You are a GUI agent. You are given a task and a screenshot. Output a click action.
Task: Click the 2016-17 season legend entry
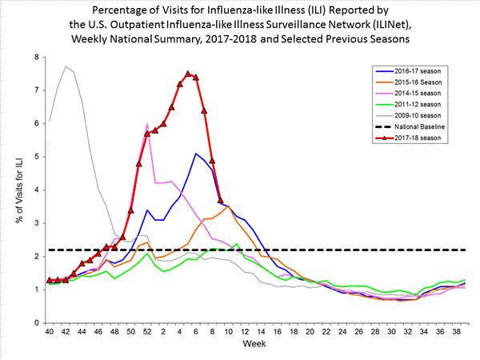click(x=421, y=71)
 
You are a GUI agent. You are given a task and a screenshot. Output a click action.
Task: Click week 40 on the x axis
click(x=50, y=332)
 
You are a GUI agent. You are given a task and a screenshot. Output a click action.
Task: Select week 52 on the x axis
click(x=147, y=332)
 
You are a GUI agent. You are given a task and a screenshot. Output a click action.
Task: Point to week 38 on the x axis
click(x=455, y=332)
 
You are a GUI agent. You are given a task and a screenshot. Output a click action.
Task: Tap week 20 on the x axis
click(x=310, y=332)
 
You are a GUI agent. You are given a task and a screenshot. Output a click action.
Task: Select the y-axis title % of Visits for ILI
click(x=14, y=190)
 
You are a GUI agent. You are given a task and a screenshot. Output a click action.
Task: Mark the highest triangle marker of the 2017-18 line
click(x=188, y=74)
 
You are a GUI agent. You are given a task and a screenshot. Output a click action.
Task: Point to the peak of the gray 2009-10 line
click(x=66, y=66)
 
